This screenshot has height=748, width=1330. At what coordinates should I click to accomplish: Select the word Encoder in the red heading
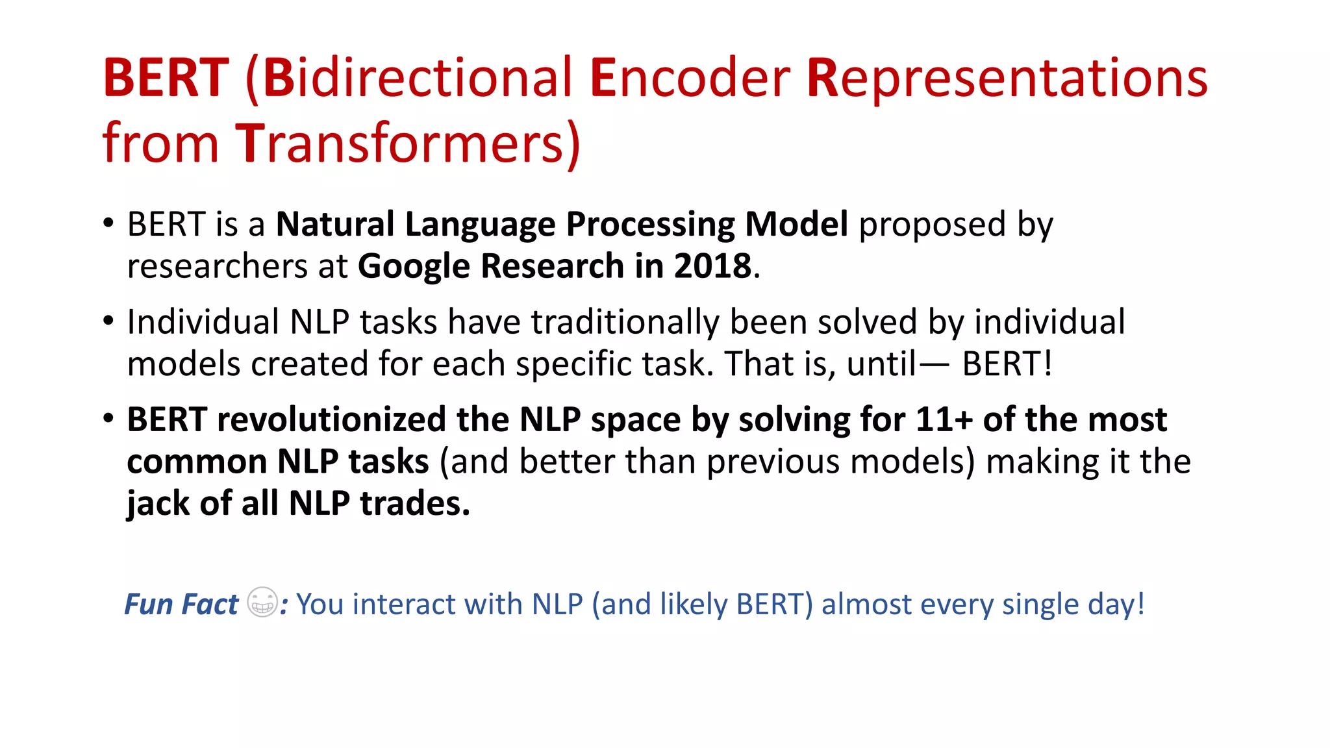tap(690, 78)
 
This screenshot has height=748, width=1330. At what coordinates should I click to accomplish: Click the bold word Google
tap(414, 266)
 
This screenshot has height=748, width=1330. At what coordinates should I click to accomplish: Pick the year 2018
tap(712, 266)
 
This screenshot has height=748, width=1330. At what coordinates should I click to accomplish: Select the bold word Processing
tap(650, 225)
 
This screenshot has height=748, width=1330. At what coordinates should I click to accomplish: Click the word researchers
tap(217, 266)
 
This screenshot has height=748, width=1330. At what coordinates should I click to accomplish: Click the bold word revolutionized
tap(331, 419)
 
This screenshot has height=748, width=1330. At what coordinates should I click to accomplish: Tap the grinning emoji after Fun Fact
tap(262, 602)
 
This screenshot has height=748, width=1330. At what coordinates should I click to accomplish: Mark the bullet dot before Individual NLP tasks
tap(108, 321)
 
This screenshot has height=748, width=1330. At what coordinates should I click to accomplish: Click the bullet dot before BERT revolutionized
tap(108, 418)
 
